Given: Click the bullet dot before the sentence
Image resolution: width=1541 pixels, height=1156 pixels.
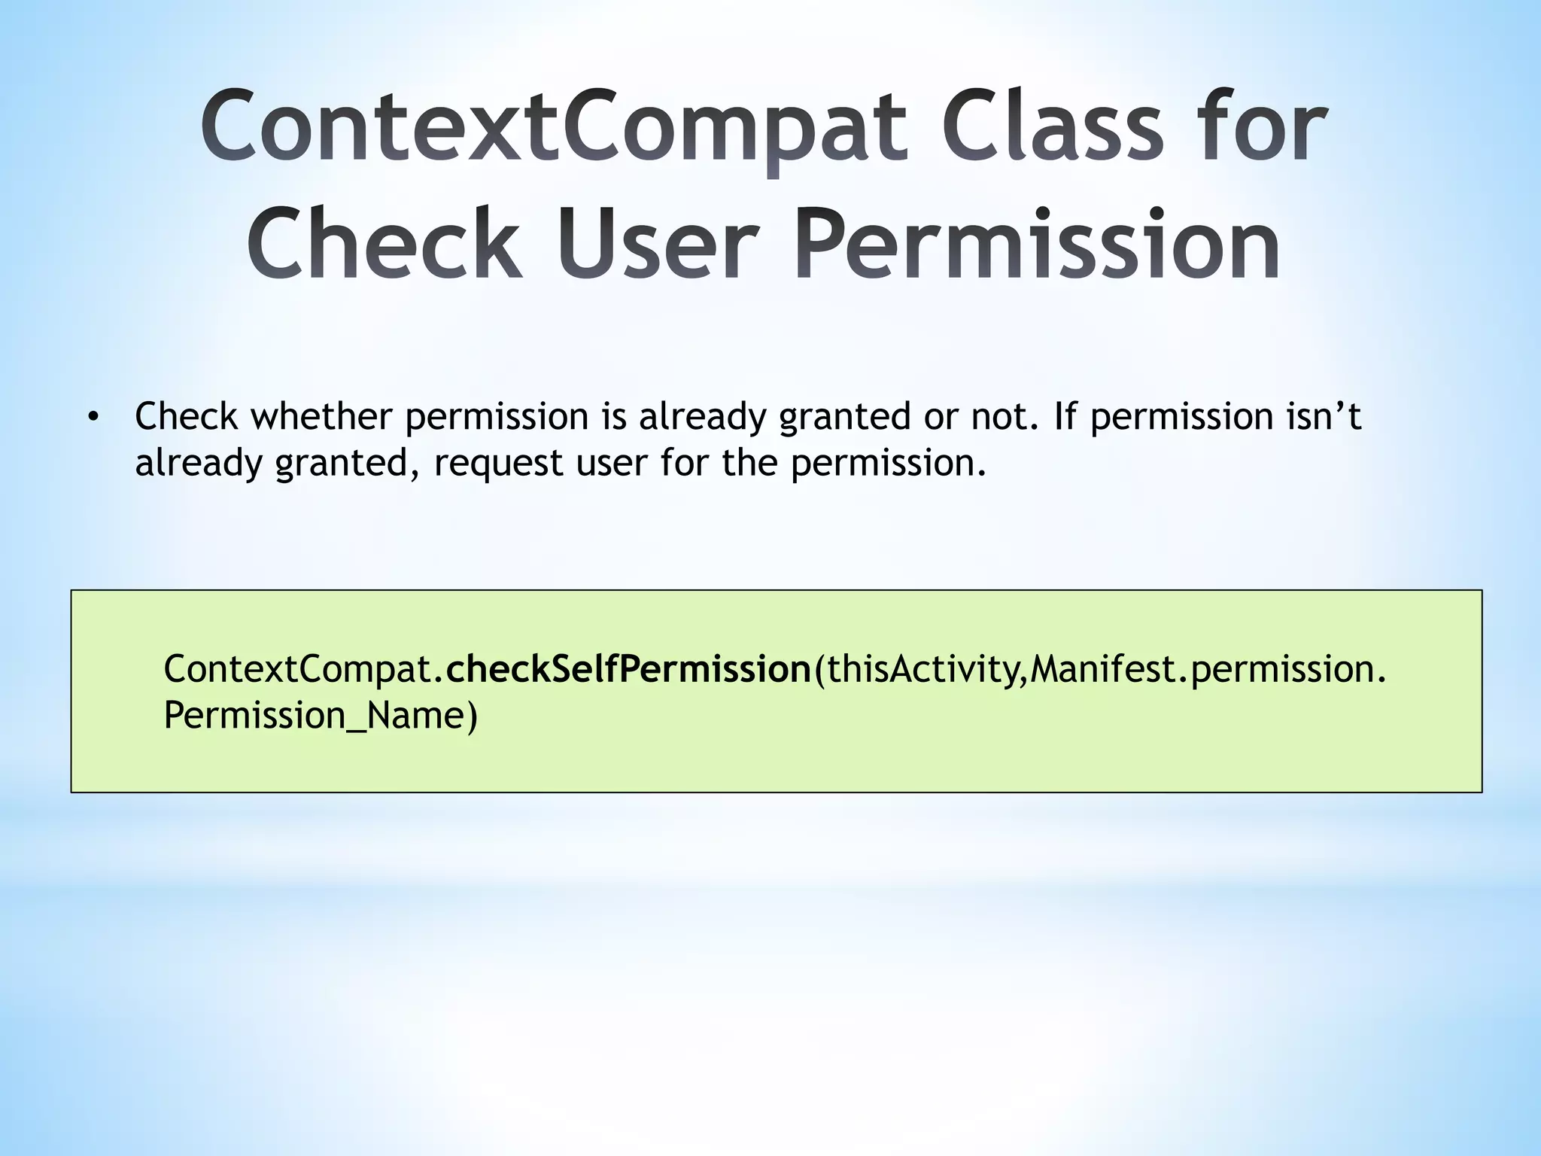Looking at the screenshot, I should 93,418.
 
